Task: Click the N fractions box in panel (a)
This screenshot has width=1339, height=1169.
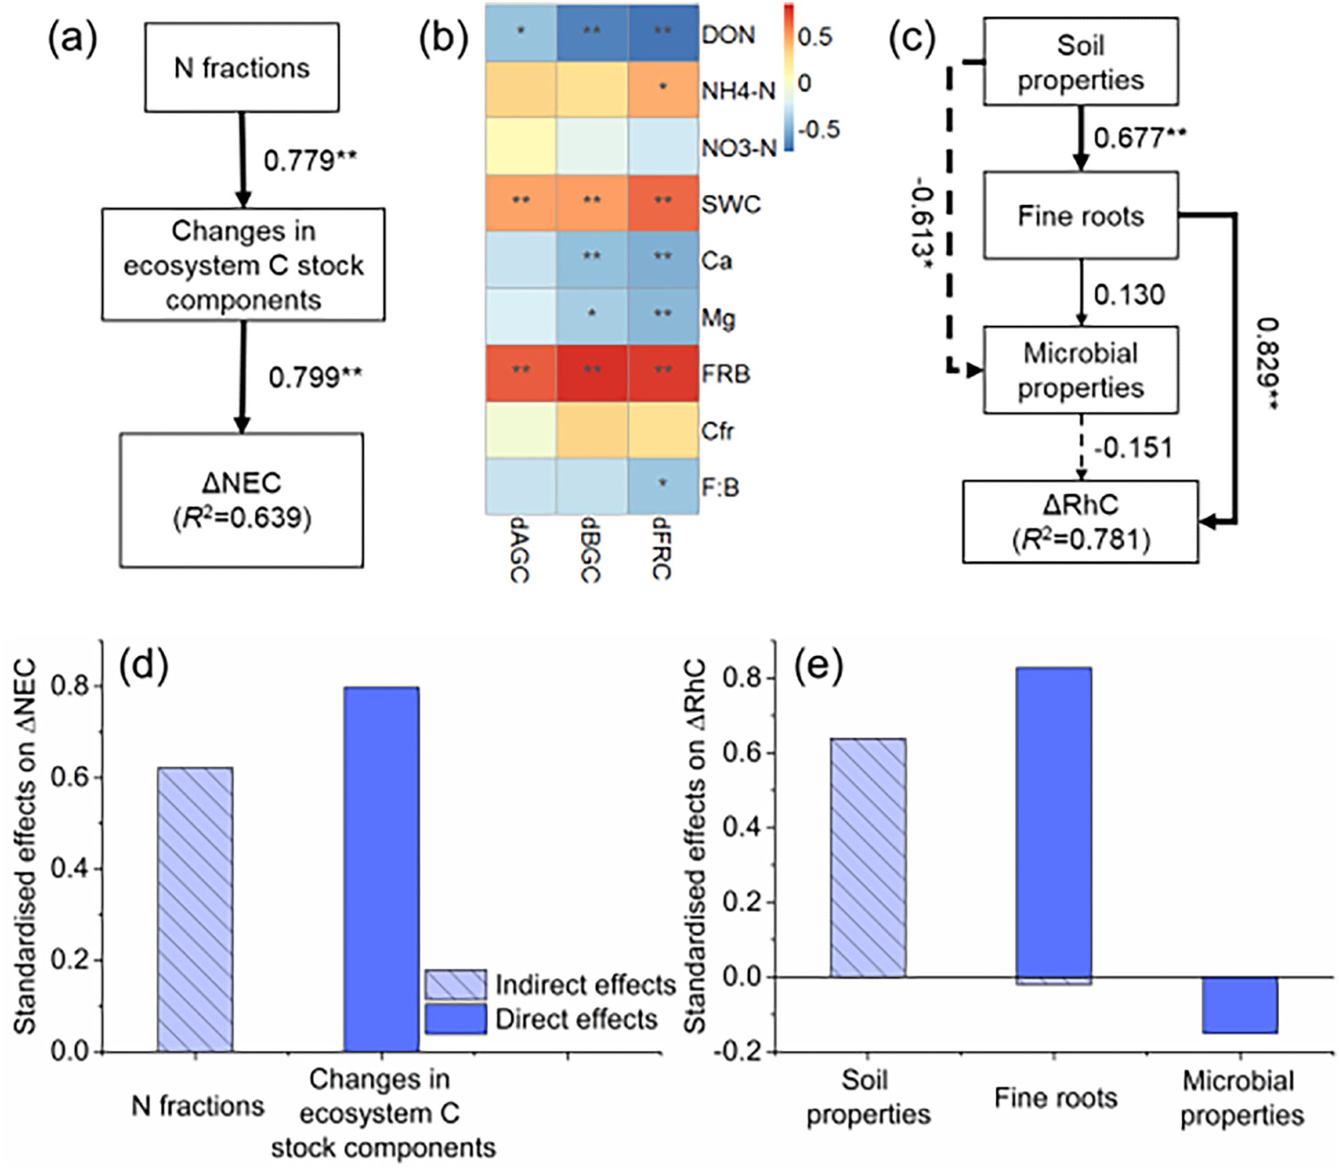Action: pyautogui.click(x=242, y=68)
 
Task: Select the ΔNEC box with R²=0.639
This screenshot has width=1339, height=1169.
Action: pyautogui.click(x=242, y=500)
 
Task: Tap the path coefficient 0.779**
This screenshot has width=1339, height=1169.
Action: pyautogui.click(x=310, y=161)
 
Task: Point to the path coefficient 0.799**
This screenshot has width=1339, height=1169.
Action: pyautogui.click(x=315, y=378)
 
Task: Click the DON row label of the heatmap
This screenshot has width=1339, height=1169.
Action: pyautogui.click(x=728, y=35)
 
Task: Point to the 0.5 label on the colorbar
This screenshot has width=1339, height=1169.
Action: pyautogui.click(x=815, y=37)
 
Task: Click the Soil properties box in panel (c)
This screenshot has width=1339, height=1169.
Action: pyautogui.click(x=1080, y=62)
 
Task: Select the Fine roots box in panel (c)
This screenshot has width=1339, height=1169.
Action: pyautogui.click(x=1080, y=216)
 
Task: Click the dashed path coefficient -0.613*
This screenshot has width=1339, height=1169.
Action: pyautogui.click(x=923, y=224)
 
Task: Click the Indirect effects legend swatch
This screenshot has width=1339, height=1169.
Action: pyautogui.click(x=456, y=986)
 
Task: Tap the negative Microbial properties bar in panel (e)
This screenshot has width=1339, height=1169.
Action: pyautogui.click(x=1240, y=1005)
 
